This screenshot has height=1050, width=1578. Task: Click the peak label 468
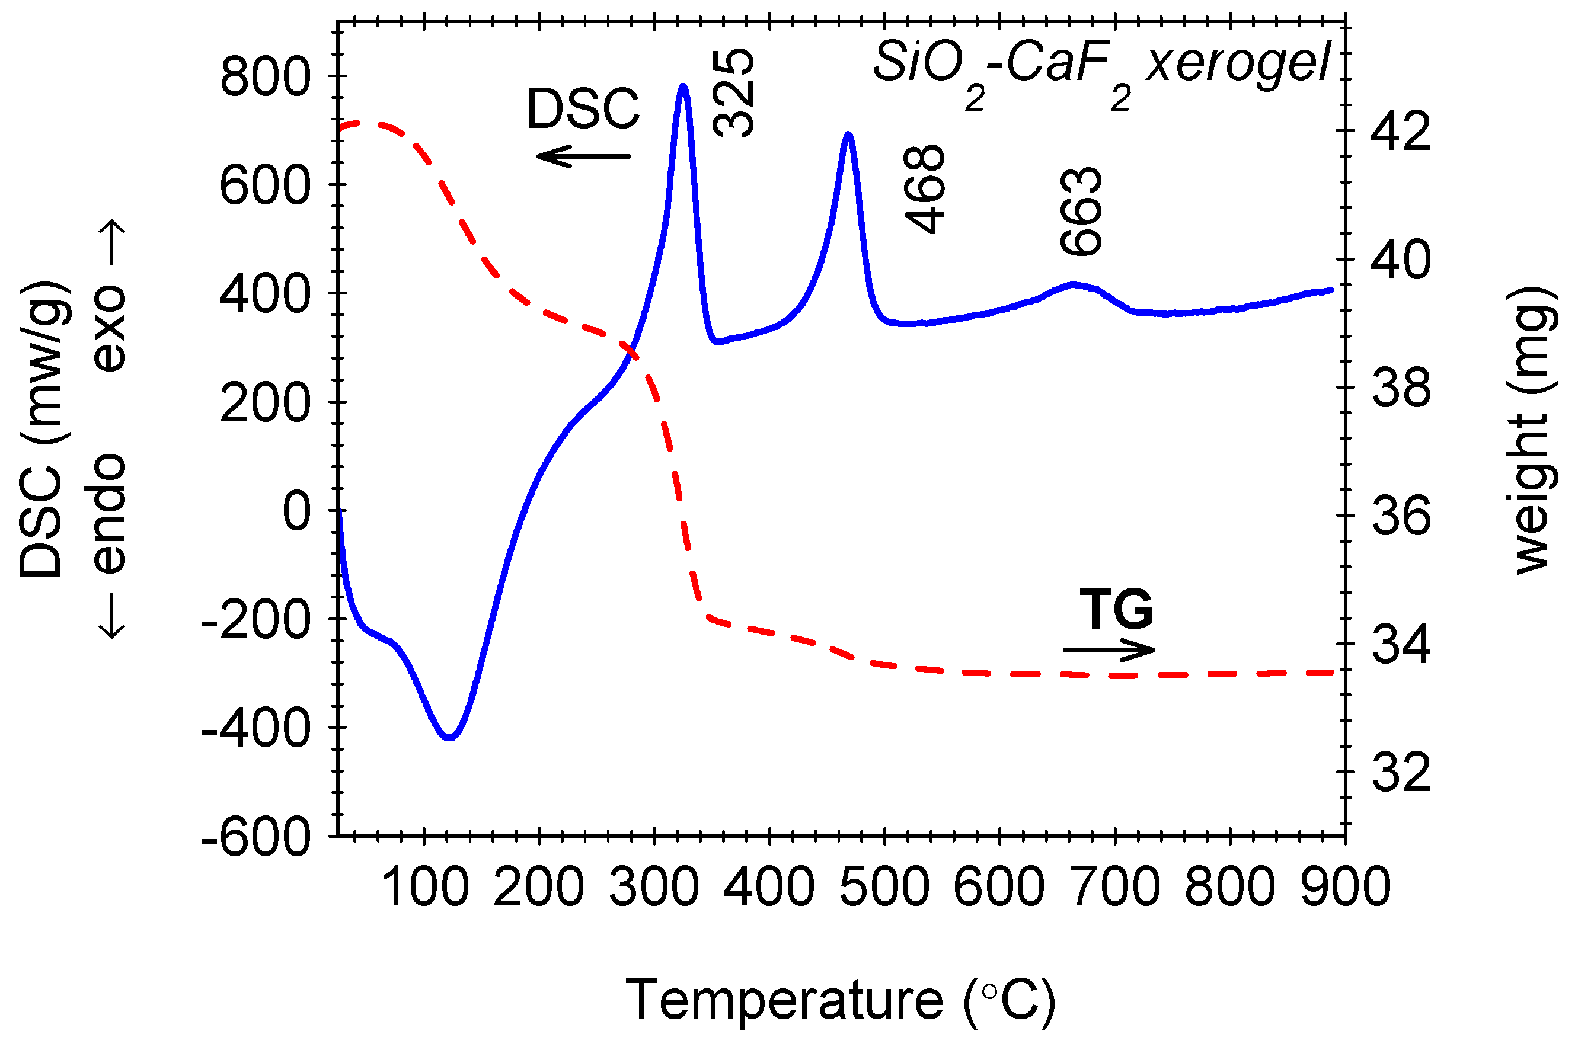point(924,190)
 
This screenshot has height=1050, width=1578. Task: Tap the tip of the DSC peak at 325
point(683,86)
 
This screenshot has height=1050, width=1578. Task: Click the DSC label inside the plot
point(583,108)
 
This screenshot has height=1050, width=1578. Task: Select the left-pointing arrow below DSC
point(583,156)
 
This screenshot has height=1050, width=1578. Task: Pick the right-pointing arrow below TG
point(1109,649)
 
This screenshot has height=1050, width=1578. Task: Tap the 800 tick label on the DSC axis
point(265,76)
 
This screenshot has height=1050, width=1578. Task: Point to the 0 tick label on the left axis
point(297,511)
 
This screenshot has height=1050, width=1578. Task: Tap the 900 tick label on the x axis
point(1345,887)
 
